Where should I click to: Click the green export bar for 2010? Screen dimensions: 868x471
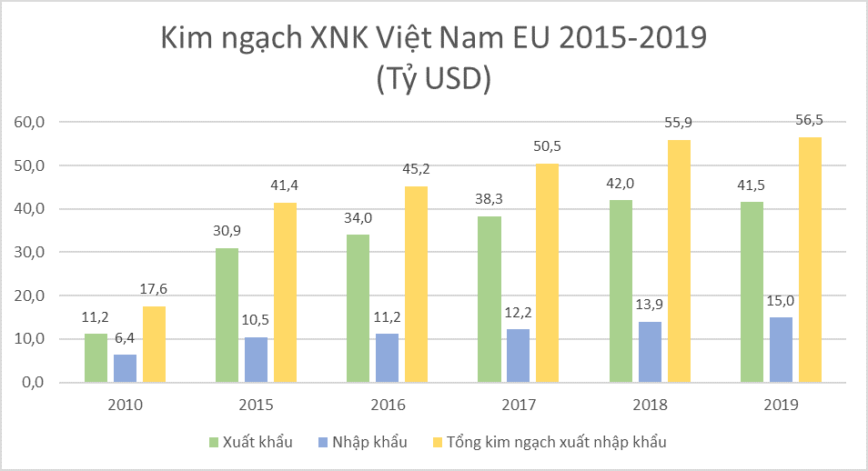click(x=96, y=357)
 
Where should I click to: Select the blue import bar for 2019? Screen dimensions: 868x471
click(x=781, y=350)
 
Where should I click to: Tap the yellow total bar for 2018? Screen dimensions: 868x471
click(x=679, y=261)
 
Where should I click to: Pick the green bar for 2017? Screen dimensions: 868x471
click(x=490, y=299)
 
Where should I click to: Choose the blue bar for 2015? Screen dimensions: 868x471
click(x=256, y=360)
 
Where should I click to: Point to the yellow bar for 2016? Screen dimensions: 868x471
click(x=417, y=285)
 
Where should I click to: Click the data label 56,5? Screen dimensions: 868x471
click(x=810, y=119)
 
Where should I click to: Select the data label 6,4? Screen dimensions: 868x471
click(x=125, y=338)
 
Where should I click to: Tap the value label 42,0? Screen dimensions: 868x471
click(x=620, y=183)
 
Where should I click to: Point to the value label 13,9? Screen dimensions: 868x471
click(x=649, y=304)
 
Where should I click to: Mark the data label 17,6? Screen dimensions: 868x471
click(x=154, y=289)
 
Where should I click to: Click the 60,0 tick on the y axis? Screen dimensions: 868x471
click(x=29, y=122)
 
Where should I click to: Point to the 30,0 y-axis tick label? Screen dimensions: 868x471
click(x=29, y=253)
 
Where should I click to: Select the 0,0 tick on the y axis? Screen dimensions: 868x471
click(x=34, y=383)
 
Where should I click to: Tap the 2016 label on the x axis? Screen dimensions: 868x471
click(x=388, y=405)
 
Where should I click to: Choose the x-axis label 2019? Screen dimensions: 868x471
click(x=781, y=405)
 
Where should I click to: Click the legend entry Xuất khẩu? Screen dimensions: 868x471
click(x=251, y=442)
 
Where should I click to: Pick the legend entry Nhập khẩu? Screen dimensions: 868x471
click(x=363, y=442)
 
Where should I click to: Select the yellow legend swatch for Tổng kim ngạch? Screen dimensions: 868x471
click(x=438, y=442)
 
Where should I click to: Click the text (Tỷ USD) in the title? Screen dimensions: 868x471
click(x=434, y=78)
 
